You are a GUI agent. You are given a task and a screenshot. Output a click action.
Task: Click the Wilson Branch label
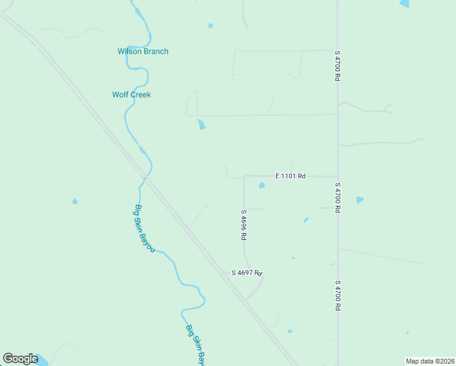(143, 51)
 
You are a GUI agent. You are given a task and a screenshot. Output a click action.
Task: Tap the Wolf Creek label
(131, 95)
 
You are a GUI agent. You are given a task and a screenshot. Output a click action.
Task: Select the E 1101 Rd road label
(290, 176)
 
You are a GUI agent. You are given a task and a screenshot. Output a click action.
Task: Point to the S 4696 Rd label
(243, 225)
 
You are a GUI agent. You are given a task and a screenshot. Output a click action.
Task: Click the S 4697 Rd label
(246, 273)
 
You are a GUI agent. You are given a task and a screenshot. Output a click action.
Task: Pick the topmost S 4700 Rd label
(337, 66)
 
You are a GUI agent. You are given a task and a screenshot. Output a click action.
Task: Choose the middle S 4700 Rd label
(337, 197)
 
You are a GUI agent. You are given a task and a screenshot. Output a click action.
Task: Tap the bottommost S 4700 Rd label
(337, 296)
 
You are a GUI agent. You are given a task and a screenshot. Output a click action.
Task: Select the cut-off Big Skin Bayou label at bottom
(195, 344)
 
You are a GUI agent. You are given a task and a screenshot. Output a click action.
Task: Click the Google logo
(20, 359)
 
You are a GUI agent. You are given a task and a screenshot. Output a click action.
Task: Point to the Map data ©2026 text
(429, 361)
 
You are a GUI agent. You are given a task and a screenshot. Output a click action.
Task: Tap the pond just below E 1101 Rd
(262, 185)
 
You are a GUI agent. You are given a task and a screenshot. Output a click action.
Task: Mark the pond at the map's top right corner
(404, 4)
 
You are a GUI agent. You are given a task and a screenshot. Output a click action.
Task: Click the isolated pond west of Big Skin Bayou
(75, 201)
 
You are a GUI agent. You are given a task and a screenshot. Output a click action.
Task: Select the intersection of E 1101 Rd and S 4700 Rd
(338, 176)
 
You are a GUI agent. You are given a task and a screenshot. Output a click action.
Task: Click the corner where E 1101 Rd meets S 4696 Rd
(244, 176)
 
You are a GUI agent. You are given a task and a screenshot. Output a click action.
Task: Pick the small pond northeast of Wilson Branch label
(211, 26)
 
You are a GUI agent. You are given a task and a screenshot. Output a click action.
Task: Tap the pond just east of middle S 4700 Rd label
(360, 199)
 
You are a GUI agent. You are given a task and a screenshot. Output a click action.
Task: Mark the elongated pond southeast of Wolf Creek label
(201, 125)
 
